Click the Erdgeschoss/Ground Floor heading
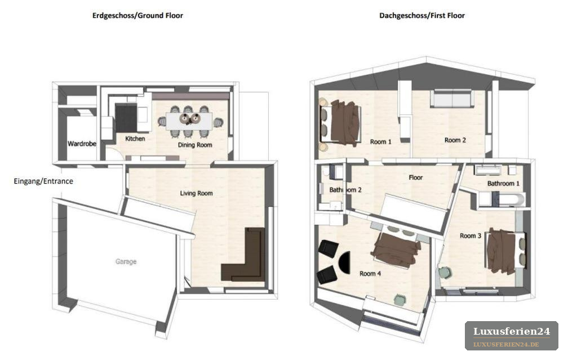coord(137,16)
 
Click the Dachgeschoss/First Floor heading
coord(422,16)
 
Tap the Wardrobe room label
coord(82,144)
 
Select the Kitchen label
coord(135,139)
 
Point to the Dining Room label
coord(195,145)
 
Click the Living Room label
coord(196,193)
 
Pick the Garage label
coord(126,261)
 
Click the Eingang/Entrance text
coord(43,181)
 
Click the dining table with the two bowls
coord(189,121)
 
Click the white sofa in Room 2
coord(452,98)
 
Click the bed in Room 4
coord(397,248)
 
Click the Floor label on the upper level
coord(415,177)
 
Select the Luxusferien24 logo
coord(512,336)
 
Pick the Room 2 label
coord(455,140)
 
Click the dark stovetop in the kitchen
coord(126,118)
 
